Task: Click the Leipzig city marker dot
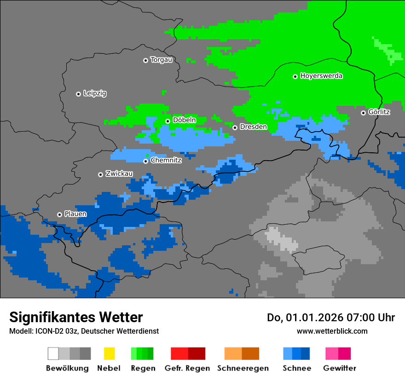78,94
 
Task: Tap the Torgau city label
161,60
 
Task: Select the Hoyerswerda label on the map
321,76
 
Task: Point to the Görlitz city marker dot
363,113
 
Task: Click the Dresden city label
253,127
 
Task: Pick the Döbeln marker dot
168,121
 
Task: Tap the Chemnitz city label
166,161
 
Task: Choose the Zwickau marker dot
100,174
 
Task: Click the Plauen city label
75,214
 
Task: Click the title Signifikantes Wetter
76,318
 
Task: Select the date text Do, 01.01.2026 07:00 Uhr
331,318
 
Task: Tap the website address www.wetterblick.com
332,331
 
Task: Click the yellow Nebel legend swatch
109,353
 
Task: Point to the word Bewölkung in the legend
67,368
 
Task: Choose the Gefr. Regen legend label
187,368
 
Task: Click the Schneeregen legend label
242,368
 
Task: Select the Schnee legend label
296,368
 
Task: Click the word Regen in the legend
142,368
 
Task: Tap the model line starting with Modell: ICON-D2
84,331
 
